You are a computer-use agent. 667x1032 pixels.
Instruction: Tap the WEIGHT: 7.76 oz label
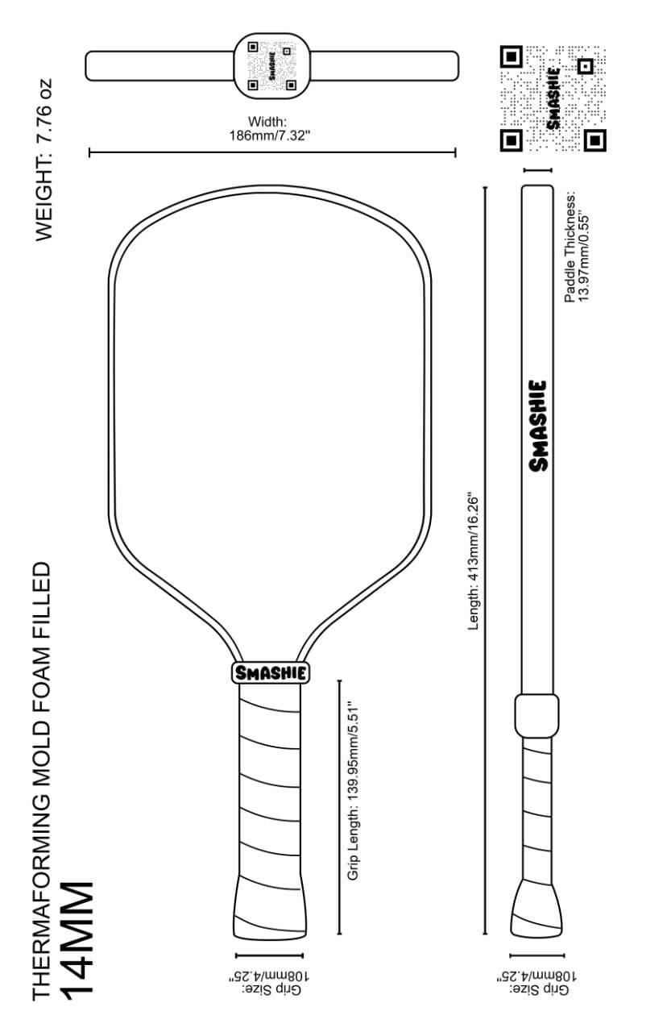[x=44, y=159]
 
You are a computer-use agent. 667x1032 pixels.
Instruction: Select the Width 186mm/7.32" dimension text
[x=271, y=129]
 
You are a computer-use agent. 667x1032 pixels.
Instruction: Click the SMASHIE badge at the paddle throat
[x=271, y=672]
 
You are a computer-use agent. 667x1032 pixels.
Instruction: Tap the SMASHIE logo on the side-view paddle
[x=538, y=426]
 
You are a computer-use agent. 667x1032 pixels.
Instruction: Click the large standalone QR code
[x=552, y=98]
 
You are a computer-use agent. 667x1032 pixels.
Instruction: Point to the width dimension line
[x=272, y=152]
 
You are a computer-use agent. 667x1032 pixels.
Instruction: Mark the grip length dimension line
[x=339, y=807]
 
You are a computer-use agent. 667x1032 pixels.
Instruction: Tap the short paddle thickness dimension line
[x=537, y=170]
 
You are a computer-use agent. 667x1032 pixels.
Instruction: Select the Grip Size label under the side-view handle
[x=536, y=981]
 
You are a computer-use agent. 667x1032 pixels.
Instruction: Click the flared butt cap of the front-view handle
[x=271, y=909]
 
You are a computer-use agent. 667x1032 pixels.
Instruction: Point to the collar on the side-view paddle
[x=536, y=715]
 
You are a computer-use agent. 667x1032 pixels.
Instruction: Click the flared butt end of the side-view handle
[x=536, y=907]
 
